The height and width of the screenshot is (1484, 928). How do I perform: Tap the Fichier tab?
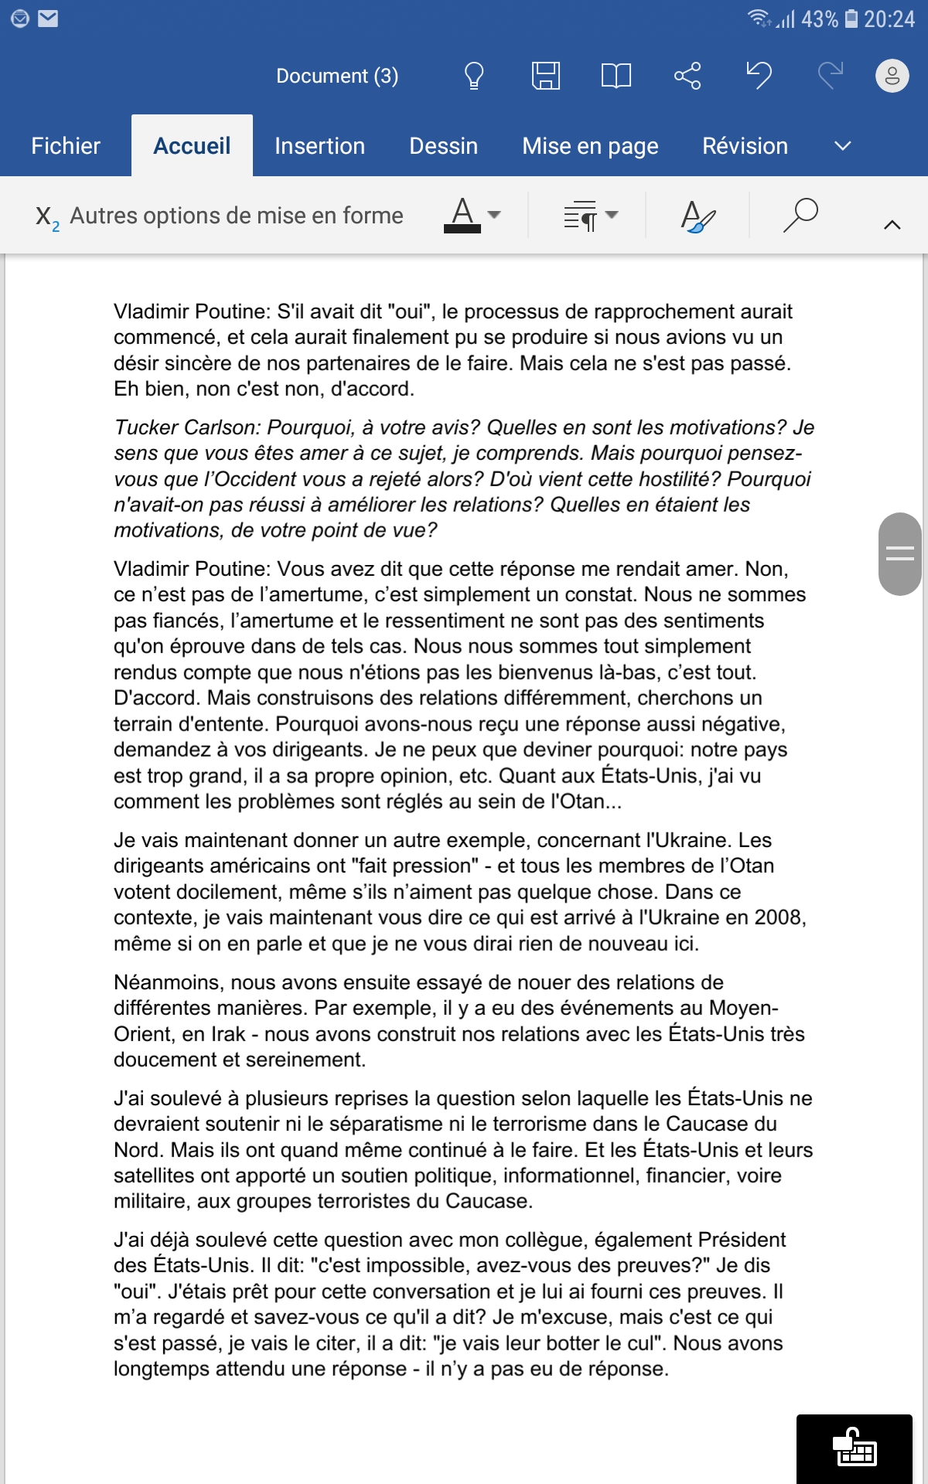[x=66, y=146]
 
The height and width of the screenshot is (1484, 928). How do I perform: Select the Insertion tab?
[x=319, y=146]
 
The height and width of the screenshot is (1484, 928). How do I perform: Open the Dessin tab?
[x=443, y=146]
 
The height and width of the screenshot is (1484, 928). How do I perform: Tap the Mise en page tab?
[x=590, y=146]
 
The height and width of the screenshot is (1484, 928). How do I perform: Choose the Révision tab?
[x=745, y=146]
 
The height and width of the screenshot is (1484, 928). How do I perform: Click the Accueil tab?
[x=192, y=146]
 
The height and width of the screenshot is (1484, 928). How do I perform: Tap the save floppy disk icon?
[x=545, y=76]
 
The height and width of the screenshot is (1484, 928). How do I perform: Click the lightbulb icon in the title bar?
[x=473, y=76]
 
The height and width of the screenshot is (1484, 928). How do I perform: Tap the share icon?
[x=687, y=76]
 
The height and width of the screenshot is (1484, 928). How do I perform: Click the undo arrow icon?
[x=759, y=76]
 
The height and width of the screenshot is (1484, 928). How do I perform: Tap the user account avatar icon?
[x=892, y=76]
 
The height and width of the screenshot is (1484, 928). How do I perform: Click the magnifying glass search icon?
[x=800, y=215]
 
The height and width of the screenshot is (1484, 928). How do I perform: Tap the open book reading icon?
[x=616, y=76]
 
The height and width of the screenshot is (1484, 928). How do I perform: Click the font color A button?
[x=462, y=215]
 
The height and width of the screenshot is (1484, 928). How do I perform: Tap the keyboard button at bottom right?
[x=854, y=1448]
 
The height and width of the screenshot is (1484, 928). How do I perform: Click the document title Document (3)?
[x=337, y=76]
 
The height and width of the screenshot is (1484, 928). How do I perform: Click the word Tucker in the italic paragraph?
[x=149, y=427]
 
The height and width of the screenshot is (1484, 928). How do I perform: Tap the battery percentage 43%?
[x=819, y=19]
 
